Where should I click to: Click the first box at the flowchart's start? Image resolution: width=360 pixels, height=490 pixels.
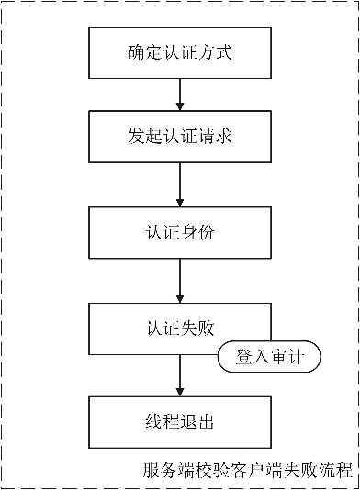point(180,52)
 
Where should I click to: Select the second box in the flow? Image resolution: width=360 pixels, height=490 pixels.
point(180,136)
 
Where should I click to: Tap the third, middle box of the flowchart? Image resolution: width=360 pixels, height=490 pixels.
point(180,233)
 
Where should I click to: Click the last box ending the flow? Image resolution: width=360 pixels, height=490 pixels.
point(180,422)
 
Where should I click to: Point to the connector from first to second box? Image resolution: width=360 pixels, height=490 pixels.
point(180,92)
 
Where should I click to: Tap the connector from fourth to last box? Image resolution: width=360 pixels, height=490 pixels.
point(180,372)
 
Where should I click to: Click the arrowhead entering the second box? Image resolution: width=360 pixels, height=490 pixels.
point(180,106)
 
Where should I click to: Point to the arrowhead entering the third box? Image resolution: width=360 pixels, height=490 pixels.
point(180,203)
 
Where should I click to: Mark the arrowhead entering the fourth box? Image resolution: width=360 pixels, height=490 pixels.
point(180,298)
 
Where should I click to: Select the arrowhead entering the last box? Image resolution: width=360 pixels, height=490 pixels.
point(180,392)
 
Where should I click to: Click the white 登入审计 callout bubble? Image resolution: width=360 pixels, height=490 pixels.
point(269,357)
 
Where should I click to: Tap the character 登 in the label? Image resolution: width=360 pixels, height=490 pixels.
point(244,357)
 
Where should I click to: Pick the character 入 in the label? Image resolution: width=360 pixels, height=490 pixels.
point(262,357)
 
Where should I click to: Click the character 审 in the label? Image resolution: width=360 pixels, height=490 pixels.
point(278,357)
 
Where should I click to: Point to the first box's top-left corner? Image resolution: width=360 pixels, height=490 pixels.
point(89,28)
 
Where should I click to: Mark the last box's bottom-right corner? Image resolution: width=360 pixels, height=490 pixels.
point(271,448)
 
